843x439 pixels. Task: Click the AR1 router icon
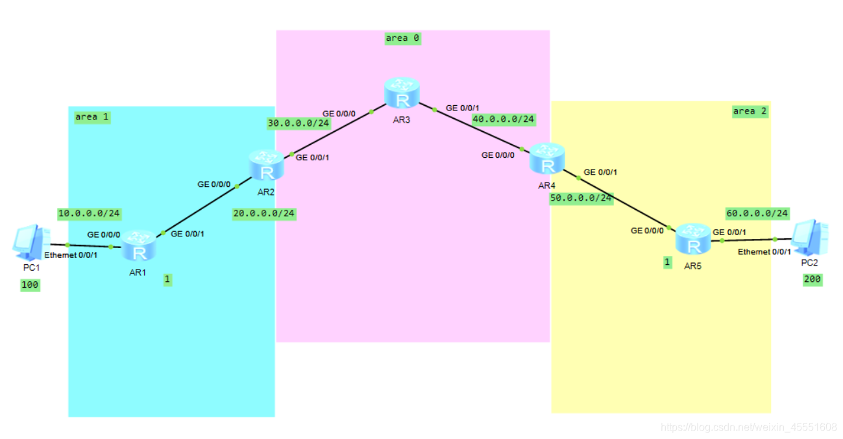click(138, 245)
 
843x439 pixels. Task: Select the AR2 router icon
click(266, 165)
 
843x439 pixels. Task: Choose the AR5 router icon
click(693, 240)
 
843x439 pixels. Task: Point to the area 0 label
click(402, 38)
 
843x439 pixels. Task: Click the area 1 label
click(92, 117)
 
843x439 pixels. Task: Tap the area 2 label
click(750, 111)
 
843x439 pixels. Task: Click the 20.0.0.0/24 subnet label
click(263, 213)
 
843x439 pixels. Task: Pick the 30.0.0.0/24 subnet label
click(298, 123)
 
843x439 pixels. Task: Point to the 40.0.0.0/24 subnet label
click(504, 119)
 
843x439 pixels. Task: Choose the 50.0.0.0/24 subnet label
click(581, 198)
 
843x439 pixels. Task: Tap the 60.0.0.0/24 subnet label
click(757, 213)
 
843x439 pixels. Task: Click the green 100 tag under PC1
click(30, 284)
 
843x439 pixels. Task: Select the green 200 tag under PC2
click(812, 279)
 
